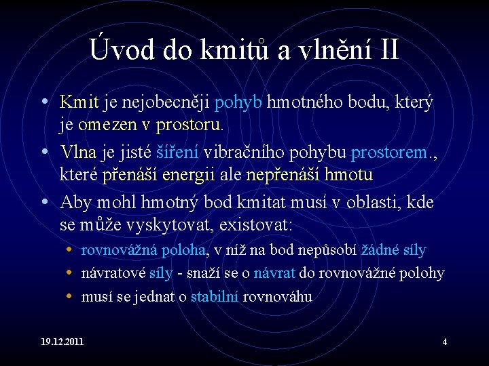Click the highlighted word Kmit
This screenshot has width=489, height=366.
(x=79, y=102)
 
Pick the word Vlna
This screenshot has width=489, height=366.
(x=78, y=151)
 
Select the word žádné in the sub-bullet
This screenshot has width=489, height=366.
(x=381, y=250)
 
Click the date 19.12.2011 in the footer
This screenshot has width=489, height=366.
(x=62, y=342)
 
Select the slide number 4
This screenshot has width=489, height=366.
(x=445, y=342)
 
